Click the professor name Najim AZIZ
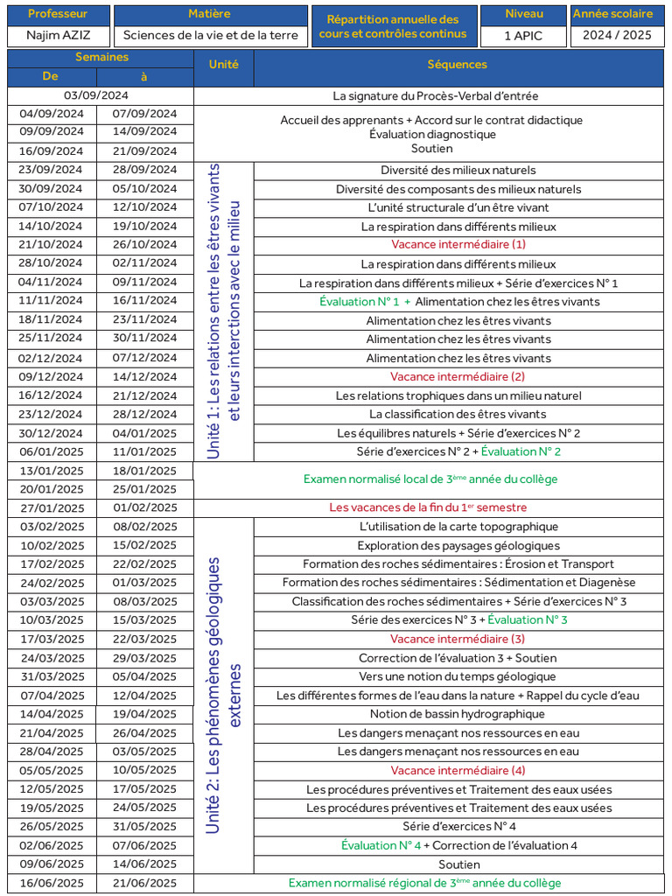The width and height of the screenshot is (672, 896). (x=58, y=36)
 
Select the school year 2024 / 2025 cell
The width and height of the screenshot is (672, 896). (x=612, y=36)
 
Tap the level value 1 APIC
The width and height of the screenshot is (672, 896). (x=524, y=36)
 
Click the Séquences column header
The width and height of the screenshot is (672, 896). (x=458, y=65)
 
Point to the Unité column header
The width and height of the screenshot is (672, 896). (x=223, y=65)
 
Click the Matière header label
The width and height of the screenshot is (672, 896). (x=210, y=14)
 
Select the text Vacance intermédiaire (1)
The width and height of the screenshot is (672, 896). (x=458, y=245)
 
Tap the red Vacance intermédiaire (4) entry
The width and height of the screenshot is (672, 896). (x=458, y=771)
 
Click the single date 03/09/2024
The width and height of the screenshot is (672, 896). (x=96, y=95)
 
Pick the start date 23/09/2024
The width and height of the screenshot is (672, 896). (x=51, y=170)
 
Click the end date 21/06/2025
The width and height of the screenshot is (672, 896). (x=144, y=883)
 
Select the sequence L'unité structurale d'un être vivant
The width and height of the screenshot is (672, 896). (x=458, y=207)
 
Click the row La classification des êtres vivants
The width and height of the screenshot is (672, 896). (x=458, y=415)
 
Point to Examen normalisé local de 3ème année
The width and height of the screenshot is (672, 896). (x=430, y=479)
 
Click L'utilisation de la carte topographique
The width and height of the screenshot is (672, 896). (x=458, y=527)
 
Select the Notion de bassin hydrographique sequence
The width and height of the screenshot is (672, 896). (x=458, y=714)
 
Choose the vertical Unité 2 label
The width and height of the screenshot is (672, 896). (x=224, y=696)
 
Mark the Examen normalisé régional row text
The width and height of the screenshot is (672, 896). (x=424, y=883)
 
